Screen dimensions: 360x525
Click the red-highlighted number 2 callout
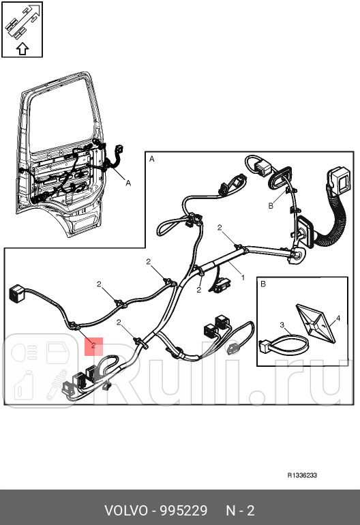(x=93, y=345)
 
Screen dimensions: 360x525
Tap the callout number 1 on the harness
(x=243, y=277)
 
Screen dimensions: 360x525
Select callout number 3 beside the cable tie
(x=282, y=325)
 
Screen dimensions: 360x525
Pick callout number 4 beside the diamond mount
(x=338, y=318)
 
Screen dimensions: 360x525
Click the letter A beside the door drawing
(x=128, y=183)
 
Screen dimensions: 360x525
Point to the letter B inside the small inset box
(x=263, y=284)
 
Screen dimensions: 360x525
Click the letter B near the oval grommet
(x=271, y=206)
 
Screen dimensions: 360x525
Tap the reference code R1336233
(x=302, y=475)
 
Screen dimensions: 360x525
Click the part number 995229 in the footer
(x=183, y=511)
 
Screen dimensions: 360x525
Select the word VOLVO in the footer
(x=126, y=511)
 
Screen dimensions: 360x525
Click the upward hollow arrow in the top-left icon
(x=22, y=49)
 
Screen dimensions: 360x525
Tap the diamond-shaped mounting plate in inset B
(x=316, y=324)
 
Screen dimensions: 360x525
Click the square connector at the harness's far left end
(x=16, y=293)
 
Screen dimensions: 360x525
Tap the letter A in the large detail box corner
(x=151, y=159)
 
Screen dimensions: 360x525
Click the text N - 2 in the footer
(x=240, y=511)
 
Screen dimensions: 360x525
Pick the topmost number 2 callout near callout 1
(x=220, y=228)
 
